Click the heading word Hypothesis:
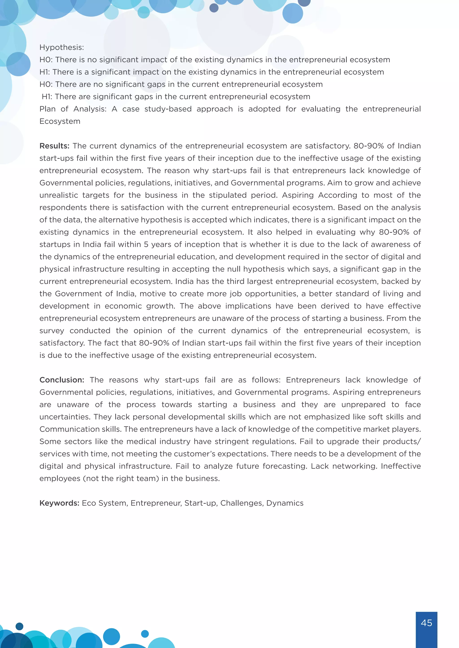(x=62, y=47)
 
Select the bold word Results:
(x=54, y=146)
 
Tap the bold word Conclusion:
(x=62, y=380)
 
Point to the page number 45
(x=426, y=623)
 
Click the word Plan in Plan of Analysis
(x=48, y=109)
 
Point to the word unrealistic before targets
(x=58, y=195)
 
